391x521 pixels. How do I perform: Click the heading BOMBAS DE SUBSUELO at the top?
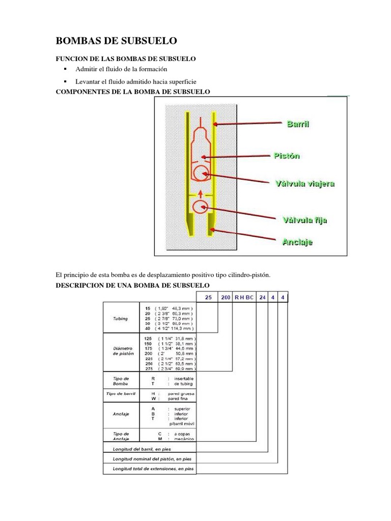[x=116, y=41]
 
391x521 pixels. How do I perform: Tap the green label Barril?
[x=298, y=124]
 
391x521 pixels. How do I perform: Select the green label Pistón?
[x=287, y=156]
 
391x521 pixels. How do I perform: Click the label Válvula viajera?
[x=304, y=183]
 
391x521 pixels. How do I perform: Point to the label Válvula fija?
[x=304, y=220]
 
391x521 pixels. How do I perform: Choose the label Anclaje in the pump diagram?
[x=297, y=242]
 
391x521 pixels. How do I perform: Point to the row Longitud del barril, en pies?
[x=138, y=449]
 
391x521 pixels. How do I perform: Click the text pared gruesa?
[x=184, y=394]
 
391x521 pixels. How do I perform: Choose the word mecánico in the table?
[x=185, y=439]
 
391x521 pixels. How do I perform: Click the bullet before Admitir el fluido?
[x=66, y=69]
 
